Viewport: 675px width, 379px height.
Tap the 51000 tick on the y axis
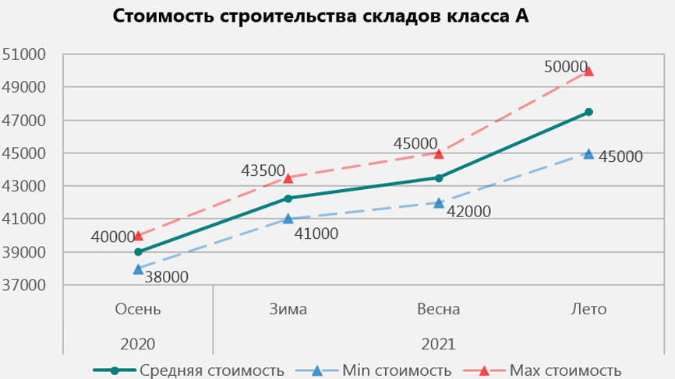click(x=25, y=54)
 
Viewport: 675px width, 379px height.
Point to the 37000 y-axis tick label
click(x=25, y=285)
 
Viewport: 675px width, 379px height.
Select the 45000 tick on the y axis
click(x=25, y=153)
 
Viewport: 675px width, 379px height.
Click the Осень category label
click(x=138, y=309)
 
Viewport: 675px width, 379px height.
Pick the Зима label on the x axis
click(x=288, y=309)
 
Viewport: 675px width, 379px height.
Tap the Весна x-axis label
click(x=438, y=309)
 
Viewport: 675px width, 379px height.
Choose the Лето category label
click(x=588, y=309)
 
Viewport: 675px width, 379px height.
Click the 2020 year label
click(x=138, y=343)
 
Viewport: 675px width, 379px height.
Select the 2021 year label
click(x=438, y=343)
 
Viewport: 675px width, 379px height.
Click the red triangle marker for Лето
click(x=588, y=71)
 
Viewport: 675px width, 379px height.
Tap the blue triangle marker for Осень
click(x=138, y=268)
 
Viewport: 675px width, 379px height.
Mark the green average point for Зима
click(x=288, y=198)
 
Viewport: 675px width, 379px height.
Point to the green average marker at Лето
click(x=588, y=112)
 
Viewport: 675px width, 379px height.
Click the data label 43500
click(x=262, y=170)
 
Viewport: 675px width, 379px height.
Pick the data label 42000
click(x=468, y=210)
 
